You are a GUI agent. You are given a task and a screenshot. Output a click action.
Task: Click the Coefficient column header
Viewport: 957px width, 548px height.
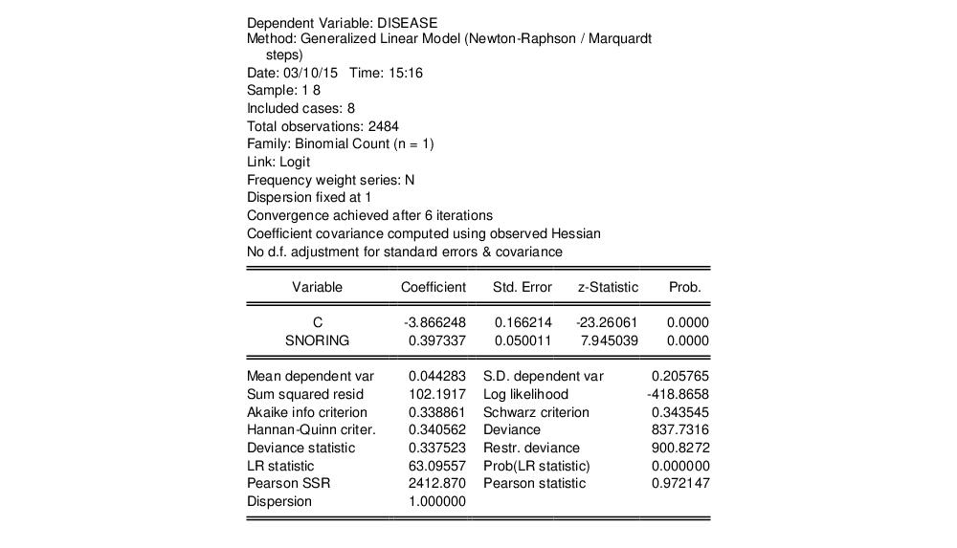(x=433, y=287)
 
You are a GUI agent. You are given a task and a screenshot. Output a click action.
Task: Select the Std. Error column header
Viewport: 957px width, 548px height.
(x=522, y=287)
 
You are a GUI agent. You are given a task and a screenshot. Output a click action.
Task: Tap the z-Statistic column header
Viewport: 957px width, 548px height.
(x=607, y=287)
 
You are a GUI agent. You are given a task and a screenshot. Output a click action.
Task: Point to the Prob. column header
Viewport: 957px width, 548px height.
(x=684, y=287)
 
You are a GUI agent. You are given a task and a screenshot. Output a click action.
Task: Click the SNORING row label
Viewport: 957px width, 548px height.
(x=317, y=340)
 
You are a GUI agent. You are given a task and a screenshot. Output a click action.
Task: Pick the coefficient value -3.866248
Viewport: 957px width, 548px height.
(x=435, y=322)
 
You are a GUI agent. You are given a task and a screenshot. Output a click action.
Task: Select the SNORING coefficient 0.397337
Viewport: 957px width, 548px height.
(x=437, y=340)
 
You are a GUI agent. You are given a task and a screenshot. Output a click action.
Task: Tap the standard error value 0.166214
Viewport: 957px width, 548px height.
(x=523, y=322)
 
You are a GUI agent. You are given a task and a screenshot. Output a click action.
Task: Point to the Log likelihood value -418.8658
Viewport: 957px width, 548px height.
(x=679, y=394)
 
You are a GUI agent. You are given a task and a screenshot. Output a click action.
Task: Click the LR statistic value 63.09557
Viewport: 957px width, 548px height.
(x=437, y=466)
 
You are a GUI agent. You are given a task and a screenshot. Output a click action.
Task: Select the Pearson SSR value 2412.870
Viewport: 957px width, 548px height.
(x=437, y=484)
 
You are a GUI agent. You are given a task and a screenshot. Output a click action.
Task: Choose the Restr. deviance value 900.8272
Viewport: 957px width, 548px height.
(x=680, y=448)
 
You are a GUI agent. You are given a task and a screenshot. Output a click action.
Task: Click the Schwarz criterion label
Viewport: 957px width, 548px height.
(x=536, y=412)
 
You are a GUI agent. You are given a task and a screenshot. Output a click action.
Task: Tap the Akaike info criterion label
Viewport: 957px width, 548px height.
(x=306, y=412)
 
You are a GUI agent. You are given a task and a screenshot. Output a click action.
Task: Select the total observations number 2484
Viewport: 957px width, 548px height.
(x=383, y=126)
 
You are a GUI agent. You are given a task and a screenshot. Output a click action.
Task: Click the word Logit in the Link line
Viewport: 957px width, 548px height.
(x=295, y=162)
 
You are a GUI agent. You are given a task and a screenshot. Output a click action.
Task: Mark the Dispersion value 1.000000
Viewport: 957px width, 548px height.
(x=437, y=501)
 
